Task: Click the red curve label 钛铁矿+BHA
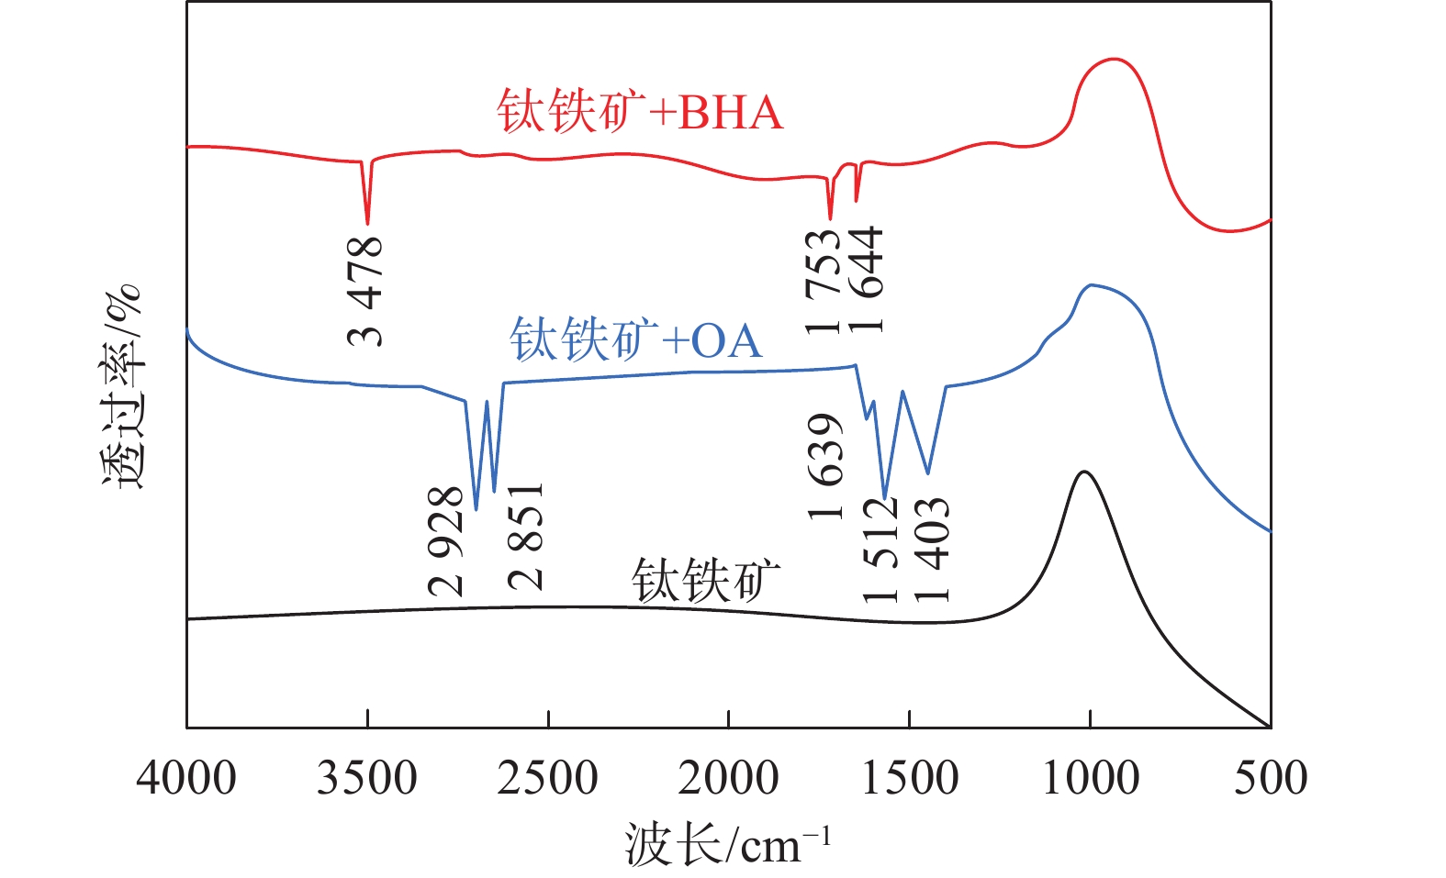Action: click(640, 113)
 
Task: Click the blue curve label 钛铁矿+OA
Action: click(635, 340)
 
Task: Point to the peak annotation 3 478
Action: click(365, 291)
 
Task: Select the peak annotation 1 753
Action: click(823, 281)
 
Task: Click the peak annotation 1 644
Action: click(866, 279)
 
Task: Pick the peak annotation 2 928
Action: click(446, 541)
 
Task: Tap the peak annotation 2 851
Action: click(526, 537)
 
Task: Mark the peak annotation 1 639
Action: click(825, 466)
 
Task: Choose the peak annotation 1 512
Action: click(880, 550)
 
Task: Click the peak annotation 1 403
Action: click(932, 550)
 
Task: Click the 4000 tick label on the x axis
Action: click(186, 778)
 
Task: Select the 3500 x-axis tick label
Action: click(367, 778)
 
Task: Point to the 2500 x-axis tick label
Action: click(548, 778)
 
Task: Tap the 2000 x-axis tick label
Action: click(729, 778)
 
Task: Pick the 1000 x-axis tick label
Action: click(1091, 778)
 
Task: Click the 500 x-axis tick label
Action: click(1271, 778)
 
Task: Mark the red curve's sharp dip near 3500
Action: click(367, 221)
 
